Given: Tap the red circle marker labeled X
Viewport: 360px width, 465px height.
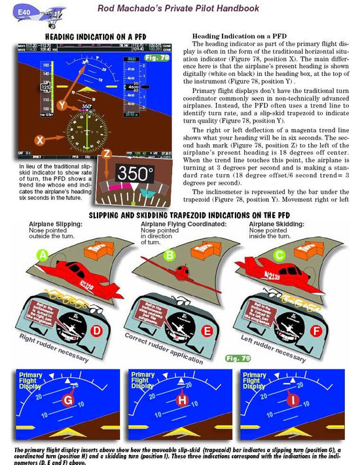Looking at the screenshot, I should (40, 140).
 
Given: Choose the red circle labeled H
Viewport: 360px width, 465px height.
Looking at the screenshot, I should (181, 399).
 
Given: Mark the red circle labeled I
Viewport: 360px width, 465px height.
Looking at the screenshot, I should (295, 399).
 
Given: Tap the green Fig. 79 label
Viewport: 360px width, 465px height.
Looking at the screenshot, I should (238, 358).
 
